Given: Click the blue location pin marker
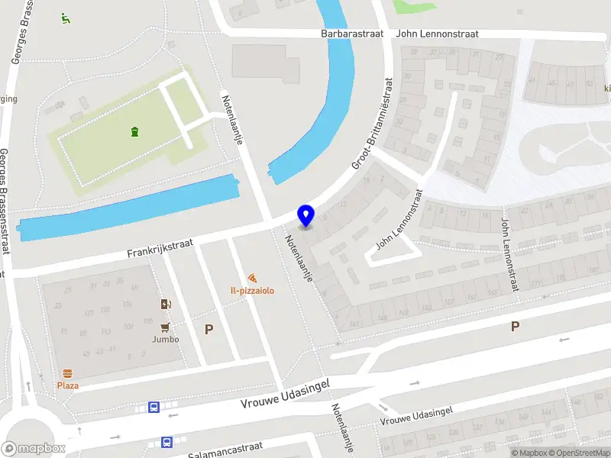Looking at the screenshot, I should (305, 215).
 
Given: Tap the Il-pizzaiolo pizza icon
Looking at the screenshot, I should (252, 279).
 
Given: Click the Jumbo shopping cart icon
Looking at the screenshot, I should (163, 327).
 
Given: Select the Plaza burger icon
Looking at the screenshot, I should (67, 373).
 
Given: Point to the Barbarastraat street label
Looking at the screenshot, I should (351, 34).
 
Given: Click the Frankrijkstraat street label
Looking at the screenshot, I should (160, 248).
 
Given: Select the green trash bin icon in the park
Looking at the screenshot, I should (134, 132).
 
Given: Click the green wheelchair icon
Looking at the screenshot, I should (65, 17).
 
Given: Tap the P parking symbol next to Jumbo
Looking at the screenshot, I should (208, 329).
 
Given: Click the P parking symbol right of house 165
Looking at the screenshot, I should (515, 326).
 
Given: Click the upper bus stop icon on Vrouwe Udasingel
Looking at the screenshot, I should (154, 408).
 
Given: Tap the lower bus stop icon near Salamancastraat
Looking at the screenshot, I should (166, 441).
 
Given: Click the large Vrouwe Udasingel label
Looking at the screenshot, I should (284, 394).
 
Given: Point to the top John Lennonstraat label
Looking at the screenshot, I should (437, 34).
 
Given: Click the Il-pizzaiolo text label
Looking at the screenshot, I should (252, 291).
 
